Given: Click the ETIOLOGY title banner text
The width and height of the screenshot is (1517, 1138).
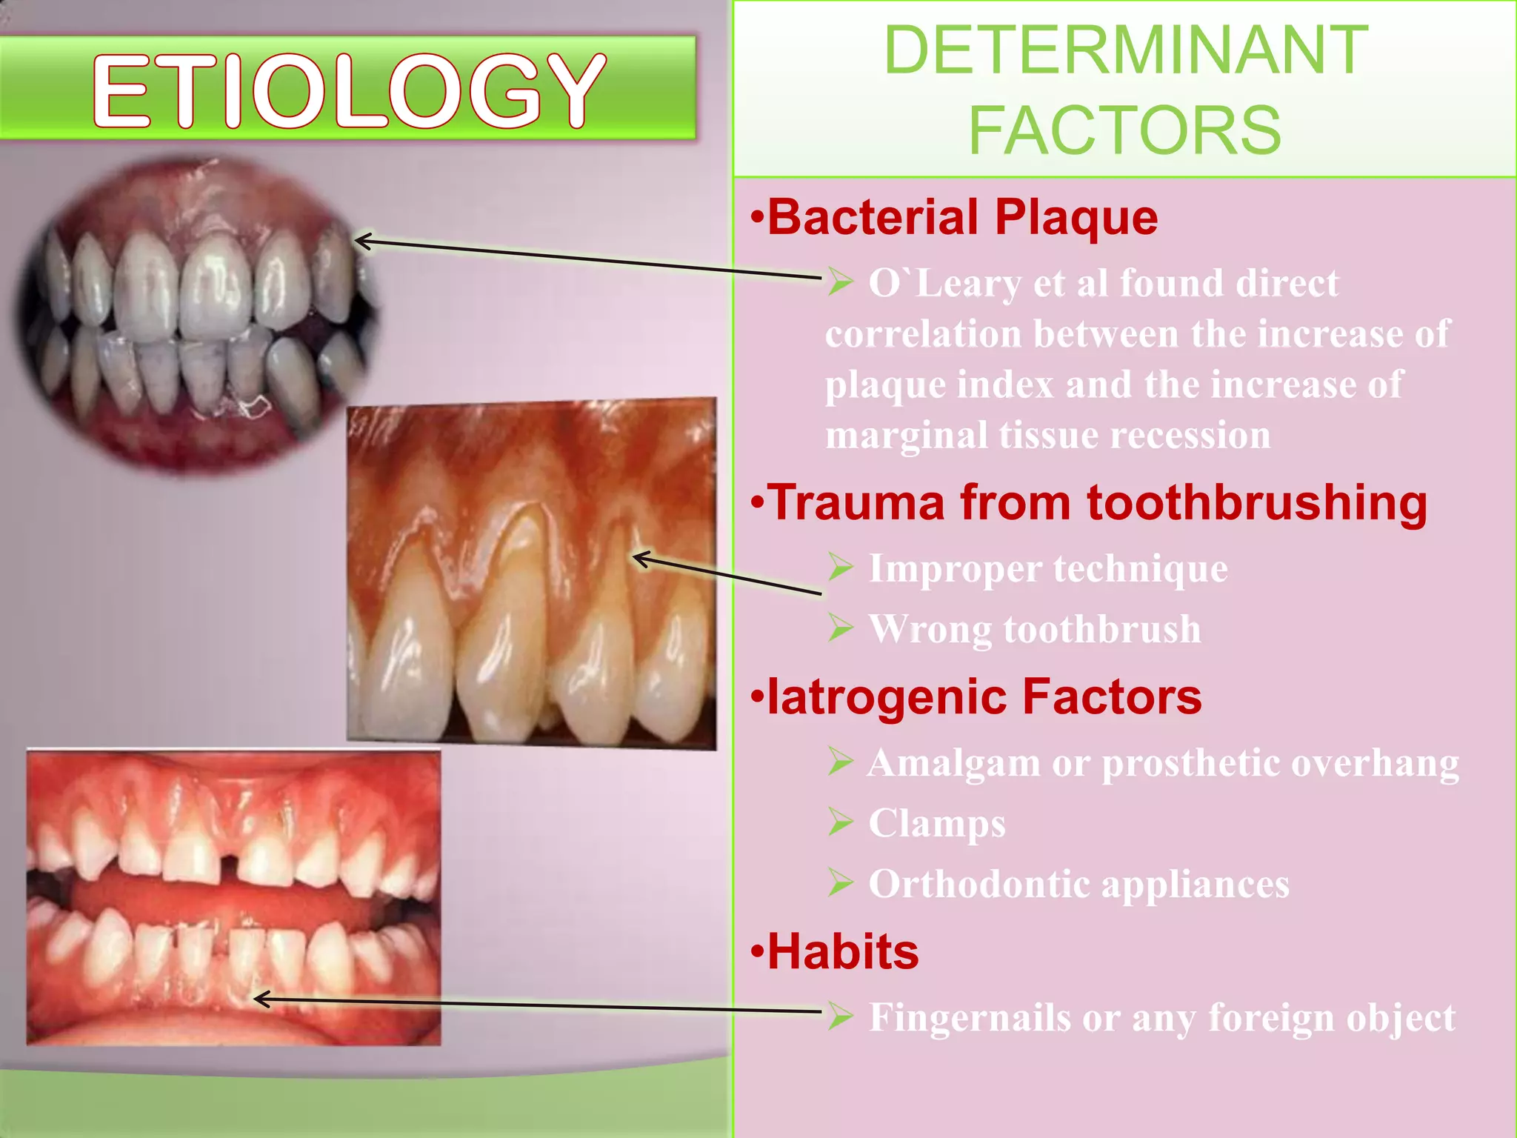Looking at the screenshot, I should click(x=348, y=90).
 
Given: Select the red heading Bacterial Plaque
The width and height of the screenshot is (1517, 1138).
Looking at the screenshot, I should click(x=961, y=218).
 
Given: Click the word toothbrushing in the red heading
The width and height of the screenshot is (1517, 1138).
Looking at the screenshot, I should click(x=1256, y=503).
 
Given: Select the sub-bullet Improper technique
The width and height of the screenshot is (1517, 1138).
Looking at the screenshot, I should click(x=1047, y=569).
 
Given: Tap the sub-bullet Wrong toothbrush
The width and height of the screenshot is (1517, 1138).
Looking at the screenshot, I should click(x=1034, y=630).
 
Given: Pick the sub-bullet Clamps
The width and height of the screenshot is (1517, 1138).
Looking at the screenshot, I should click(x=936, y=824).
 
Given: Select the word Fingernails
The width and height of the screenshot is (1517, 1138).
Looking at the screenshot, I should click(x=969, y=1018).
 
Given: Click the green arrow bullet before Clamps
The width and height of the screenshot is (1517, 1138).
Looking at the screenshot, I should click(x=841, y=823).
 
